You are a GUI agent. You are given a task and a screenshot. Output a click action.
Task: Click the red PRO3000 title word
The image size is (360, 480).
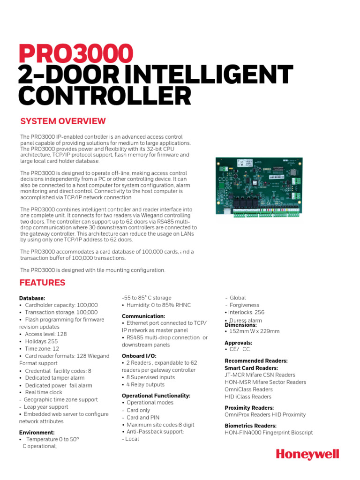pyautogui.click(x=75, y=54)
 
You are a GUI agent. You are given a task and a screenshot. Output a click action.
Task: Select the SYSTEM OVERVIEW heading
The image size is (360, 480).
pyautogui.click(x=63, y=121)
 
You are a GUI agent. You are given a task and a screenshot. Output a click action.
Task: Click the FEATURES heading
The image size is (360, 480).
pyautogui.click(x=42, y=283)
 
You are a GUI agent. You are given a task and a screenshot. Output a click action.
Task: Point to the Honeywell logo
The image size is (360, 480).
pyautogui.click(x=307, y=454)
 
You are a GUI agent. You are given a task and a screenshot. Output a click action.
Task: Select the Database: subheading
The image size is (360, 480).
pyautogui.click(x=32, y=298)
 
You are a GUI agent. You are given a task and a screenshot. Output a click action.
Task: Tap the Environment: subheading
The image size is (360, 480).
pyautogui.click(x=37, y=432)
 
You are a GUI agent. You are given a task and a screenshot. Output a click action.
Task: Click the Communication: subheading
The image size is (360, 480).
pyautogui.click(x=143, y=316)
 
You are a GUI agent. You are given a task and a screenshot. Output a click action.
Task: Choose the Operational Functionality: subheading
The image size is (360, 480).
pyautogui.click(x=156, y=396)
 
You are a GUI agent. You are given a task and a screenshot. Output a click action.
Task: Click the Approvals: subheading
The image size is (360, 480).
pyautogui.click(x=239, y=343)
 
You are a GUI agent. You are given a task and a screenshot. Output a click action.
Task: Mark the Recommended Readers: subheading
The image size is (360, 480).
pyautogui.click(x=256, y=361)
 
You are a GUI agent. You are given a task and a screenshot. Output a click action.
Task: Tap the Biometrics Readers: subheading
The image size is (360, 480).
pyautogui.click(x=251, y=426)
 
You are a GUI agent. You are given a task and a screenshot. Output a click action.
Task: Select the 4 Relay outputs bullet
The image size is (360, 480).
pyautogui.click(x=145, y=385)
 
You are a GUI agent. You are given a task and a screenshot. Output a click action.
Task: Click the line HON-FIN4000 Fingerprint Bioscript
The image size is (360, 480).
pyautogui.click(x=269, y=433)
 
